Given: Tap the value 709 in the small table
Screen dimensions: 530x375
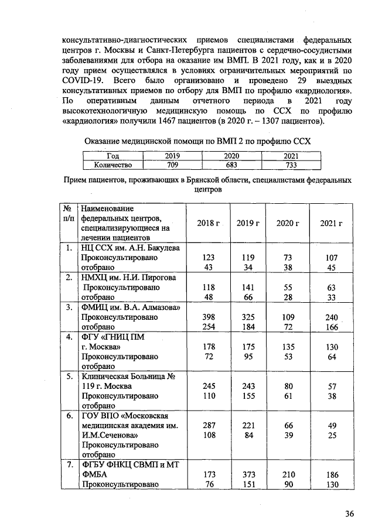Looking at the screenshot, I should click(x=172, y=165).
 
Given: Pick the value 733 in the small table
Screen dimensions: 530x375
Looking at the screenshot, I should click(x=291, y=165).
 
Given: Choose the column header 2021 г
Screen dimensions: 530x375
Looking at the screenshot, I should click(x=332, y=223).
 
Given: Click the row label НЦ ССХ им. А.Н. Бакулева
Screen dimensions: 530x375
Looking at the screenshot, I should click(x=130, y=248).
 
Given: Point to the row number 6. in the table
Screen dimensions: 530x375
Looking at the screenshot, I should click(x=69, y=416).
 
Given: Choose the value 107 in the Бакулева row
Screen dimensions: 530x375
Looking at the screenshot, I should click(x=332, y=258).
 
